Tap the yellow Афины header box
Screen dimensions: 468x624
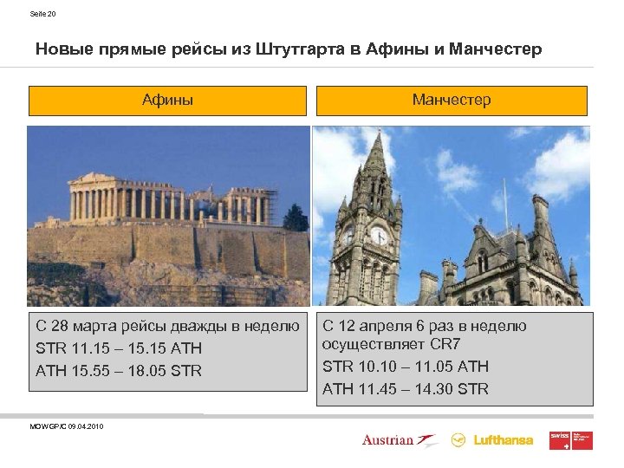pyautogui.click(x=168, y=101)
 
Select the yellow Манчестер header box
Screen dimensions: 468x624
pyautogui.click(x=452, y=101)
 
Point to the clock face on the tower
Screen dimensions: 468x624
pyautogui.click(x=379, y=235)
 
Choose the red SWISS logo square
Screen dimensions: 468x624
pyautogui.click(x=559, y=440)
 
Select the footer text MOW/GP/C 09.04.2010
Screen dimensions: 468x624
pyautogui.click(x=66, y=426)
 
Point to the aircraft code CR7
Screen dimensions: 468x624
pyautogui.click(x=445, y=345)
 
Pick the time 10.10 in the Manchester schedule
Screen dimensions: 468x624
pyautogui.click(x=375, y=367)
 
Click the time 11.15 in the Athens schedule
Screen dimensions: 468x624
pyautogui.click(x=88, y=348)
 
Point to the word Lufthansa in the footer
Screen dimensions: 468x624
pyautogui.click(x=504, y=440)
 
